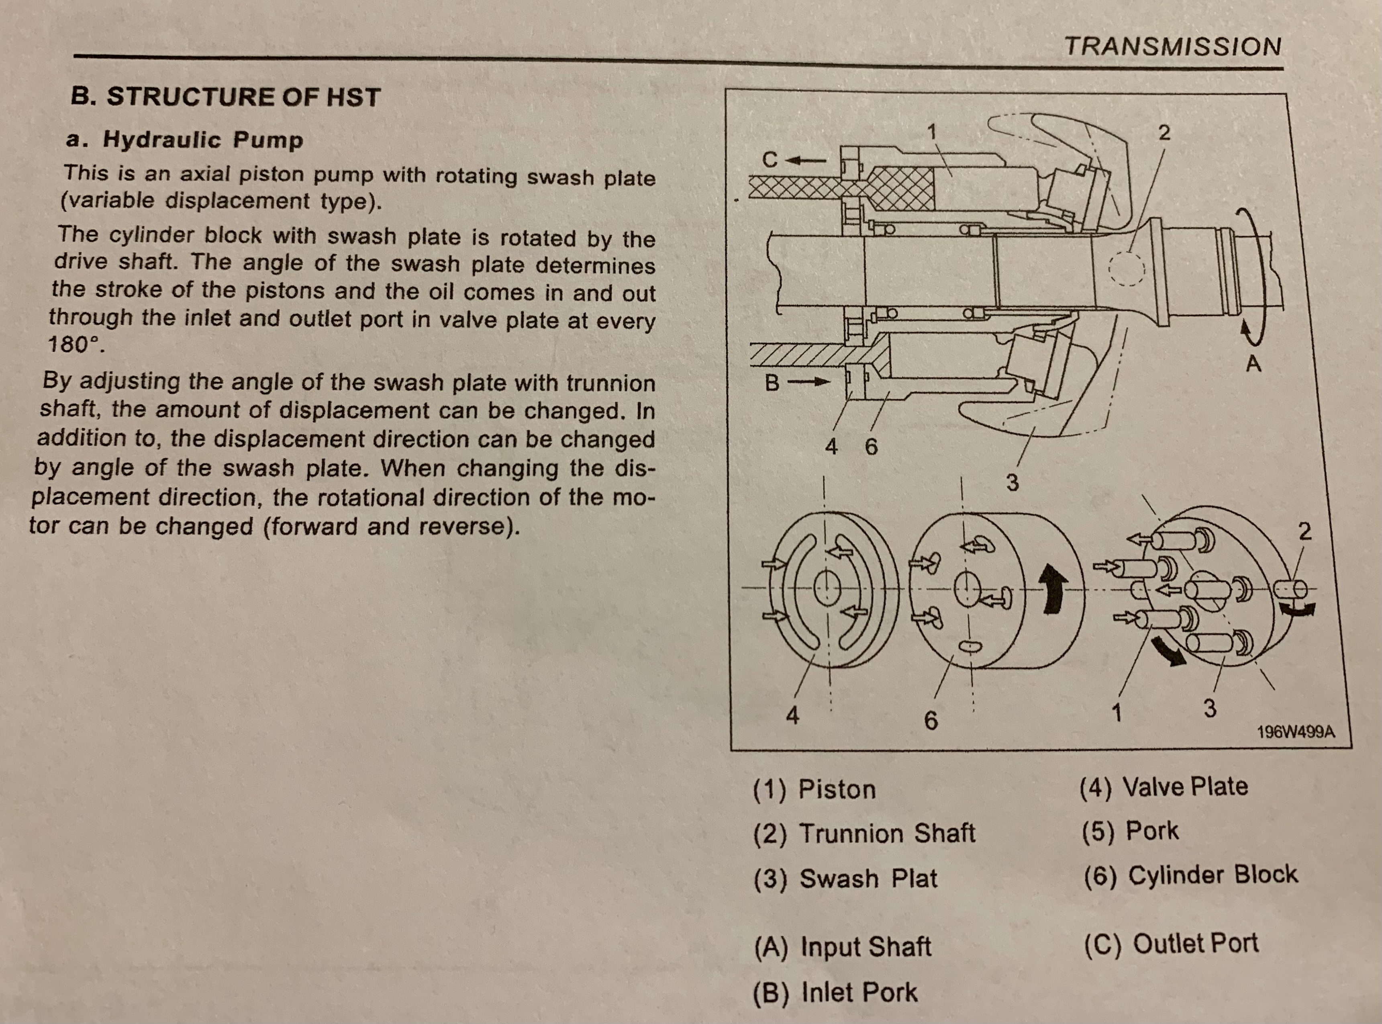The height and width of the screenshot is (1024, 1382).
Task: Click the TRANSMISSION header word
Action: click(x=1172, y=47)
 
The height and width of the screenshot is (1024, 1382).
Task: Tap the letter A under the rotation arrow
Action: click(x=1253, y=364)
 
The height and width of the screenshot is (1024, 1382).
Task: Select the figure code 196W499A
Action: click(x=1295, y=732)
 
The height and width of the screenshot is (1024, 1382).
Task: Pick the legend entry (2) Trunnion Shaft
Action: click(x=864, y=834)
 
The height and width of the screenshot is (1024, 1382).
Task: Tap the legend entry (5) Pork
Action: click(x=1130, y=831)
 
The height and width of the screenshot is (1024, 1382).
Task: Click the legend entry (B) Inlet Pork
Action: click(x=835, y=992)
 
